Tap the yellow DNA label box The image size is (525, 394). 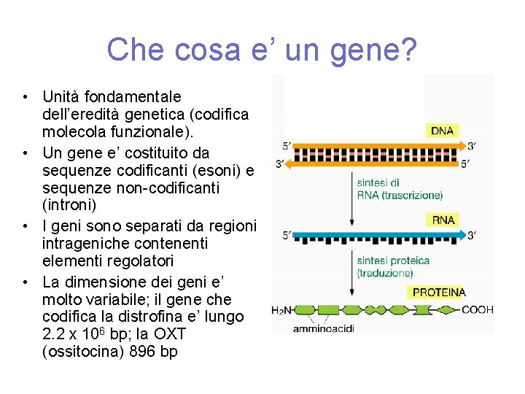[442, 131]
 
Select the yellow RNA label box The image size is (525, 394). [443, 220]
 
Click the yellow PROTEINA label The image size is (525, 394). [439, 292]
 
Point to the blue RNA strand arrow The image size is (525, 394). [379, 235]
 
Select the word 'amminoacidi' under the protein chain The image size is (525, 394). [323, 328]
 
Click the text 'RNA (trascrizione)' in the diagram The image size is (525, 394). [400, 195]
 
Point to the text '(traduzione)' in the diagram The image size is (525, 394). [385, 273]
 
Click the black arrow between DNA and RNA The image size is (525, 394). [352, 197]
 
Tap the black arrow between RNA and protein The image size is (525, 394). [352, 274]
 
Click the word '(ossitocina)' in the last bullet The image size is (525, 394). [79, 352]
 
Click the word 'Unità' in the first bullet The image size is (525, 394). [61, 96]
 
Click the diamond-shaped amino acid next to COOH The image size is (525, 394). [445, 310]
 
